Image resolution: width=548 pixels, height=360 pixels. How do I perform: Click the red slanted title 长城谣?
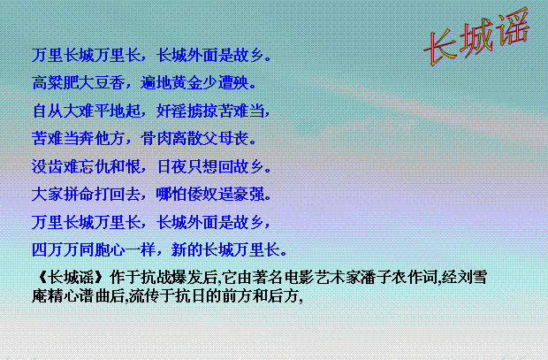tap(477, 37)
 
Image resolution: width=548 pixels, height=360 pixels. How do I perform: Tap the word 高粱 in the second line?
tap(48, 83)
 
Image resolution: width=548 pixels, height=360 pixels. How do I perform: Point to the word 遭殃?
tap(233, 83)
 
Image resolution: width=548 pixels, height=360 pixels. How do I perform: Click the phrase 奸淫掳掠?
tap(187, 111)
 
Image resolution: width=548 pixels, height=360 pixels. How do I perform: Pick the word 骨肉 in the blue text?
tap(156, 139)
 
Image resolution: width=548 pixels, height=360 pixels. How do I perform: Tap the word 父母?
tap(218, 139)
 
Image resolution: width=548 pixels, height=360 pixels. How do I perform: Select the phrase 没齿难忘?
tap(63, 166)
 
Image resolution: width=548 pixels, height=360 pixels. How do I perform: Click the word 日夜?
tap(172, 166)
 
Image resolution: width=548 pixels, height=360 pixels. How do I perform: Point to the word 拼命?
tap(79, 195)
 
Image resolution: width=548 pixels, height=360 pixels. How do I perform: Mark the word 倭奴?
tap(202, 195)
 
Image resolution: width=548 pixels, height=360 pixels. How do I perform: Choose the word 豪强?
tap(249, 195)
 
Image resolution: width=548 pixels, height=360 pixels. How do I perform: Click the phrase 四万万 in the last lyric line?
tap(55, 250)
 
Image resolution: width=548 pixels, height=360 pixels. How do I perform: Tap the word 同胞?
tap(94, 250)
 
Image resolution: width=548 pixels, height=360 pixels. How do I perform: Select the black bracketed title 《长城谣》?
tap(70, 278)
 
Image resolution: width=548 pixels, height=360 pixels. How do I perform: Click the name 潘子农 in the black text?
tap(384, 278)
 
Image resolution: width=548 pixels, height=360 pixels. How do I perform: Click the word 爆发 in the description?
tap(187, 278)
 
